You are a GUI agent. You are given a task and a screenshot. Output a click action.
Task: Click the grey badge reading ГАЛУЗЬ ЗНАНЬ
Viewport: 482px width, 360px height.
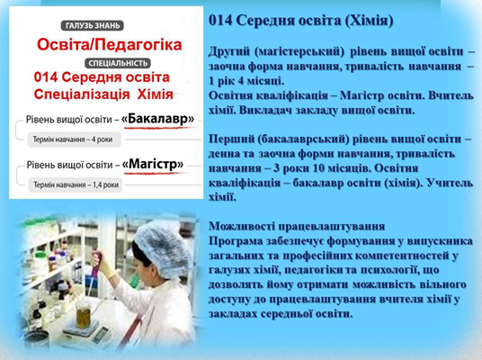(93, 25)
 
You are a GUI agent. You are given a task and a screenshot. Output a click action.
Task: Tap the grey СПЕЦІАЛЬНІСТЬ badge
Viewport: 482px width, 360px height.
(118, 63)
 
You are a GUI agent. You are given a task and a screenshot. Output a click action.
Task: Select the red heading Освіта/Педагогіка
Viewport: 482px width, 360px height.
(110, 45)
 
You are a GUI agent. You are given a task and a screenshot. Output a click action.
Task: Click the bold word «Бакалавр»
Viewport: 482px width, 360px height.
(158, 119)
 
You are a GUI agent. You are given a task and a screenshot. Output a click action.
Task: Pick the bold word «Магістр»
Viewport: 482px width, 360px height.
(153, 164)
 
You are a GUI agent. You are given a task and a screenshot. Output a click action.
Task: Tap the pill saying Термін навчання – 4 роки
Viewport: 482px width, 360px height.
(73, 139)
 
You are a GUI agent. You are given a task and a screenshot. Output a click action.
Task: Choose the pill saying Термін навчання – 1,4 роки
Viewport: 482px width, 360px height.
(76, 184)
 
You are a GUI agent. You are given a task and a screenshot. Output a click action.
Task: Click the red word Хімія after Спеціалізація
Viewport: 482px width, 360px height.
(156, 94)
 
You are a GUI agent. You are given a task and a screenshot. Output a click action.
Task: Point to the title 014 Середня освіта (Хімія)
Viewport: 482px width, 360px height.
(301, 21)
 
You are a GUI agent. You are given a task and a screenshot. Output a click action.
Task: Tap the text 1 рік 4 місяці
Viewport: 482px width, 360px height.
(246, 81)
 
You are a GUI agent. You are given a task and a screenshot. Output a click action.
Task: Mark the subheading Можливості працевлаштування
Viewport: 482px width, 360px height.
(297, 226)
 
